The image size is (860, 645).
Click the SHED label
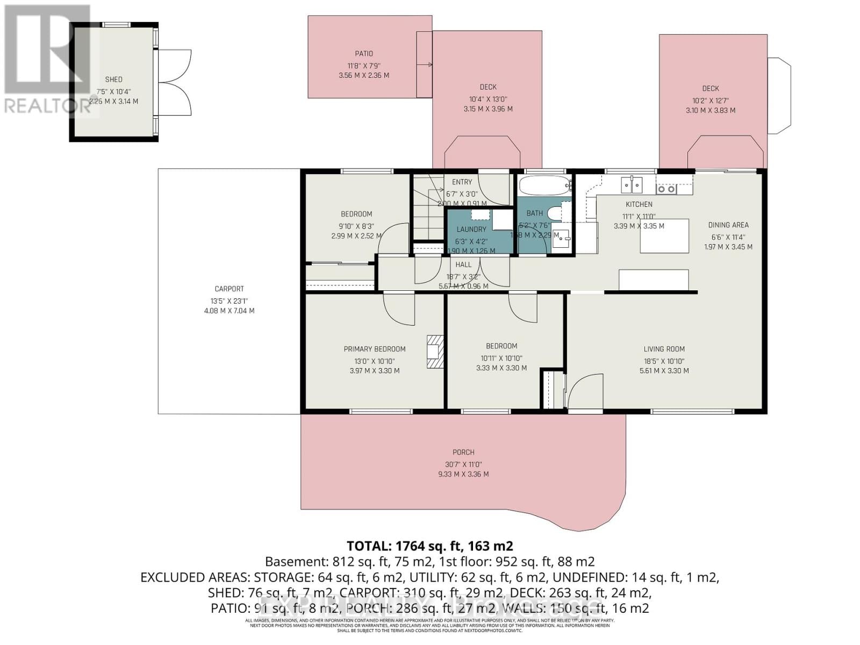pos(113,80)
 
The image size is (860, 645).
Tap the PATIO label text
pos(364,54)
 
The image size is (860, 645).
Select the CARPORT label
pos(229,289)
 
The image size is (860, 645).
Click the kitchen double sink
pos(632,185)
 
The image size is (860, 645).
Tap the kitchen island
pos(664,236)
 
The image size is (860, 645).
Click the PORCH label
pos(463,453)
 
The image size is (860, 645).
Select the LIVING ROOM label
pos(664,349)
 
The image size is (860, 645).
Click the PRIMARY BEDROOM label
pos(375,349)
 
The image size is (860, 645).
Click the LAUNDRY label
pos(471,230)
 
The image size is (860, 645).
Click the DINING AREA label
pos(728,225)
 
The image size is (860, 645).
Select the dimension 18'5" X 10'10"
pos(664,361)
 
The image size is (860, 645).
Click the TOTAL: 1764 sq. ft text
pos(429,546)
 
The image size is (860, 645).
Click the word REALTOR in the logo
pos(47,106)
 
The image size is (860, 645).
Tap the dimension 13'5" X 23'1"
pos(229,302)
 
